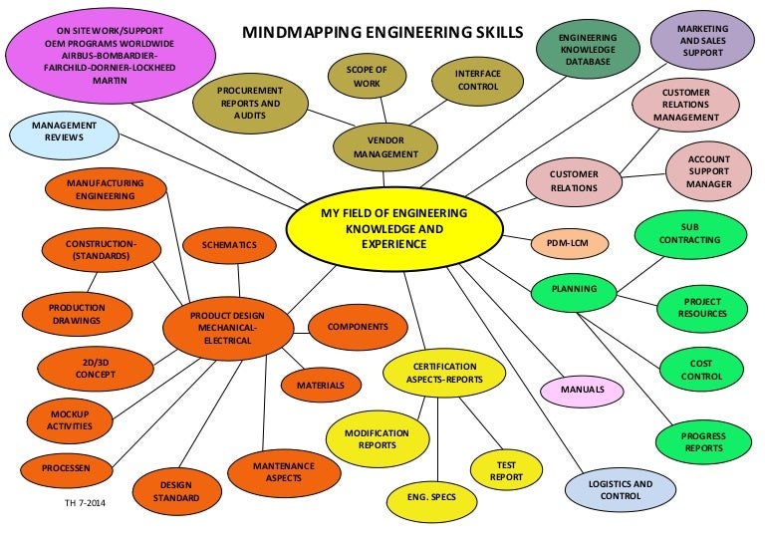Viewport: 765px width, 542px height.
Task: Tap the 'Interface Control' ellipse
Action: pyautogui.click(x=477, y=80)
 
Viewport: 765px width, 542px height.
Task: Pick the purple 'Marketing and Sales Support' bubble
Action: pyautogui.click(x=702, y=39)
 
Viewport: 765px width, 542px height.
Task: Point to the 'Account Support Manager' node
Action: pyautogui.click(x=708, y=170)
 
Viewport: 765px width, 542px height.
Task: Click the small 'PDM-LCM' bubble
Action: pyautogui.click(x=564, y=242)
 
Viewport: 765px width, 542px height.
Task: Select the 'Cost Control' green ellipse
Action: pyautogui.click(x=700, y=371)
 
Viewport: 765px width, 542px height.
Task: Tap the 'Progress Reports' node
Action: pyautogui.click(x=703, y=442)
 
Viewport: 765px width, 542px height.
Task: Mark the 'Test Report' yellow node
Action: pyautogui.click(x=506, y=470)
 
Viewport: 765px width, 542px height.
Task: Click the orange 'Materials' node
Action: pyautogui.click(x=320, y=385)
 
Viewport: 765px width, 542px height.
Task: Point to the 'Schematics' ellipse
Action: pyautogui.click(x=229, y=244)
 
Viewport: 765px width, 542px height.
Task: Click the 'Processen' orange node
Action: pyautogui.click(x=67, y=465)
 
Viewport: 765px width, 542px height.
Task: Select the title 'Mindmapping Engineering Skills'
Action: pyautogui.click(x=382, y=32)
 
